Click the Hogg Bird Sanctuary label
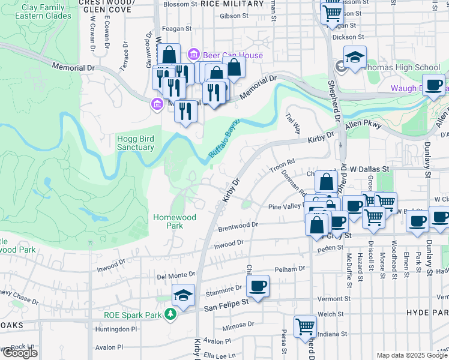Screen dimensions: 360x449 pos(135,142)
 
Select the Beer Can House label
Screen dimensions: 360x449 pos(232,55)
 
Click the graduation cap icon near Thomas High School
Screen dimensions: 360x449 pos(355,58)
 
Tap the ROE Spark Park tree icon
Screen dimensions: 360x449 pos(171,313)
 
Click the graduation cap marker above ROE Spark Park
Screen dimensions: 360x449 pos(183,295)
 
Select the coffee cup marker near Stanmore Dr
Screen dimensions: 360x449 pos(258,286)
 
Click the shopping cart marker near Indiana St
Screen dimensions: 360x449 pos(305,326)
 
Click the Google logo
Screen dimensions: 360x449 pos(20,352)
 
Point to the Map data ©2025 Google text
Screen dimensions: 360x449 pos(412,355)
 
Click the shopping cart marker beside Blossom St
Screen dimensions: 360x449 pos(332,13)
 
